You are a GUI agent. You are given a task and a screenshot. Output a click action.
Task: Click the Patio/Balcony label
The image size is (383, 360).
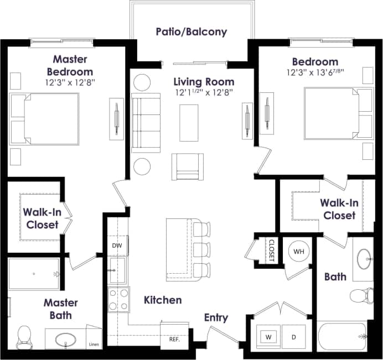(x=191, y=32)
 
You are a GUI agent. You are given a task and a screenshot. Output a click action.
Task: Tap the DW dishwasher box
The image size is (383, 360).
(x=117, y=245)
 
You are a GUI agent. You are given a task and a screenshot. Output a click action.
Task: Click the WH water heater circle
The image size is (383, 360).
(x=299, y=252)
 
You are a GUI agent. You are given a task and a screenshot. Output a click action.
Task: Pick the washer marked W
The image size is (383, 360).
(x=268, y=336)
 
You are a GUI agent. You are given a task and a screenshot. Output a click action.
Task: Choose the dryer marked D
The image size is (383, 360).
(x=294, y=336)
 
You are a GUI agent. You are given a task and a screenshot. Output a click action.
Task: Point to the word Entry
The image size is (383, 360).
(x=216, y=317)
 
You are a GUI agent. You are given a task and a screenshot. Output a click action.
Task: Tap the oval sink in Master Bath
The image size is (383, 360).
(x=66, y=338)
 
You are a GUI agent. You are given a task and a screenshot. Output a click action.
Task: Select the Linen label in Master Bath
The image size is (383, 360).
(x=94, y=345)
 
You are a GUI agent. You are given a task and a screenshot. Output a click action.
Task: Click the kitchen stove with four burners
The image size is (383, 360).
(x=118, y=299)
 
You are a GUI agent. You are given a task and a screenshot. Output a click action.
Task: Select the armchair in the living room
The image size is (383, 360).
(x=187, y=166)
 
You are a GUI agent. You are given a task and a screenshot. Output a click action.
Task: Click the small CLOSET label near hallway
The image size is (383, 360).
(x=272, y=251)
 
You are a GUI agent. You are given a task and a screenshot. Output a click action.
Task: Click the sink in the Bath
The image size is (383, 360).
(x=364, y=258)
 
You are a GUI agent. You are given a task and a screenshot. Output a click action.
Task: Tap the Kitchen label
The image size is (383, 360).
(x=163, y=300)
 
